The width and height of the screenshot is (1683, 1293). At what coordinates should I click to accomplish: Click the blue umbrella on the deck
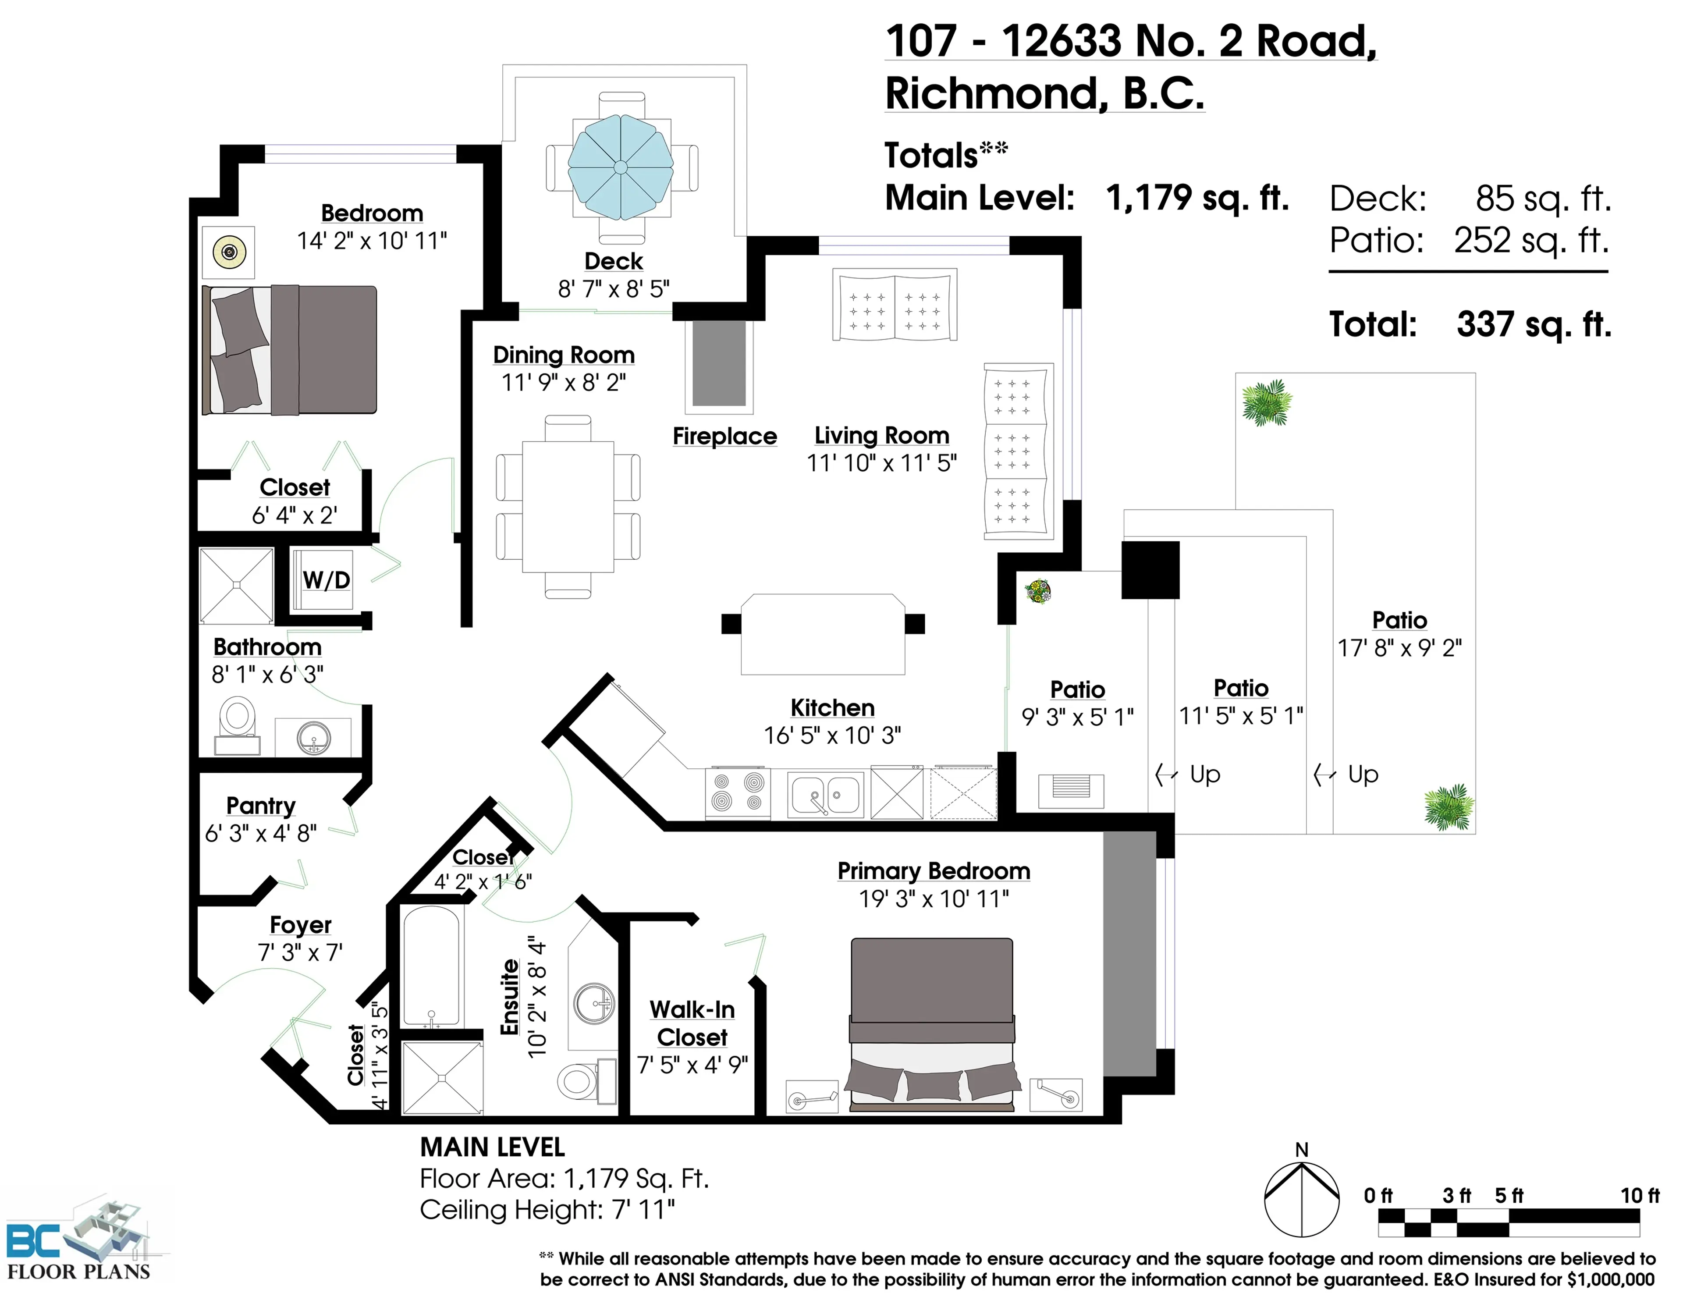620,167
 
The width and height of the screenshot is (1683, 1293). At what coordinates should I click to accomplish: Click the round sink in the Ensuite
594,1002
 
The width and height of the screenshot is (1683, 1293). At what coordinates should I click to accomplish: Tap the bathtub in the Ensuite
432,966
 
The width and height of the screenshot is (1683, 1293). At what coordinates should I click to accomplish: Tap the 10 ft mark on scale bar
1639,1195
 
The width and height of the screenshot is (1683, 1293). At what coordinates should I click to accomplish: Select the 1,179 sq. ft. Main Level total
1197,198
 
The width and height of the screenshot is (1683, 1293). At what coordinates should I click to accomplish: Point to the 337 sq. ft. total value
1533,324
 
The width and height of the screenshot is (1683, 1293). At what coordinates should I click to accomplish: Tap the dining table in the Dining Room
568,506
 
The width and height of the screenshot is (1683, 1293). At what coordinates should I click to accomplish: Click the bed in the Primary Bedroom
932,1023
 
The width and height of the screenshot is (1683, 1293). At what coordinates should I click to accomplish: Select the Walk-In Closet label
692,1023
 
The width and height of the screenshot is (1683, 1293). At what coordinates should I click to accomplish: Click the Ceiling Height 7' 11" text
547,1209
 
